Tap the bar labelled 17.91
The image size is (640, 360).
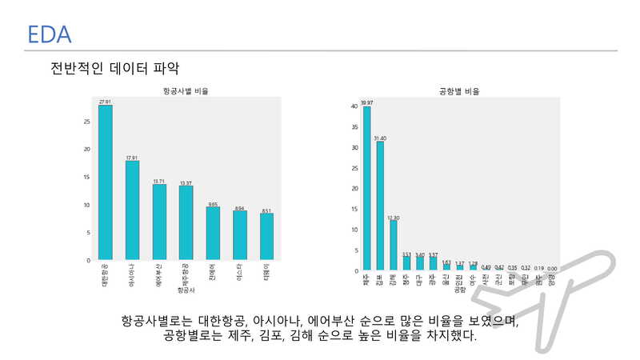tap(132, 210)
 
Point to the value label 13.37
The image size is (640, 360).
tap(186, 183)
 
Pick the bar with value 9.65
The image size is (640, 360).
tap(213, 233)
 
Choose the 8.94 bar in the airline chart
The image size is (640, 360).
tap(239, 235)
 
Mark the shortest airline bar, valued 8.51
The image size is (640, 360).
tap(266, 236)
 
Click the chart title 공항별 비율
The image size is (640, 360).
tap(460, 92)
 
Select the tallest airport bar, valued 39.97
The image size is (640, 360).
tap(366, 188)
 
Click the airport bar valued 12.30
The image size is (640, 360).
tap(394, 245)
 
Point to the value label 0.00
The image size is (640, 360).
tap(552, 268)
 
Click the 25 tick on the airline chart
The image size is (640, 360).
tap(86, 122)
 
